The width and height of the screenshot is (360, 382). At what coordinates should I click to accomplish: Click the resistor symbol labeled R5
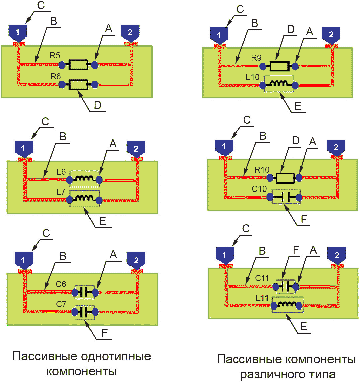(x=78, y=65)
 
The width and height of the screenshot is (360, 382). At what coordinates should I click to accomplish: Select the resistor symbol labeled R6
(x=78, y=85)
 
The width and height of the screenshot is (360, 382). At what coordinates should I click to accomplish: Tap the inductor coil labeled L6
(x=84, y=180)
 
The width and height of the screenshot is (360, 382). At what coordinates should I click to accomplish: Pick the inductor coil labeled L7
(x=84, y=200)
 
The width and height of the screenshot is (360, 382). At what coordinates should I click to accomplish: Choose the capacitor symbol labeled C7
(x=84, y=312)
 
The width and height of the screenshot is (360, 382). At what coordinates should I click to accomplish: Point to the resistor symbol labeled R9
(x=279, y=67)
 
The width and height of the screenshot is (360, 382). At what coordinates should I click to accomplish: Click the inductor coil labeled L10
(x=279, y=86)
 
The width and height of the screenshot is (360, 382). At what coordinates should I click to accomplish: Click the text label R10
(x=262, y=169)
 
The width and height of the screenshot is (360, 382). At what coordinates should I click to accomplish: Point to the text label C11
(x=262, y=278)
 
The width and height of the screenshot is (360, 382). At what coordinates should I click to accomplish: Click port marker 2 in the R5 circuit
(x=130, y=32)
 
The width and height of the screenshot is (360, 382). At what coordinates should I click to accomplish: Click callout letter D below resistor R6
(x=97, y=106)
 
